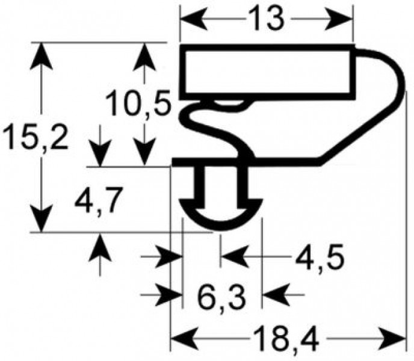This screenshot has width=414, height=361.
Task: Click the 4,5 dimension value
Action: click(x=319, y=259)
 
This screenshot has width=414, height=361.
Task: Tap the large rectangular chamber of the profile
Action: click(x=268, y=71)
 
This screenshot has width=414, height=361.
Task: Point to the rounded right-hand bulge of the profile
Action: click(x=385, y=84)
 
